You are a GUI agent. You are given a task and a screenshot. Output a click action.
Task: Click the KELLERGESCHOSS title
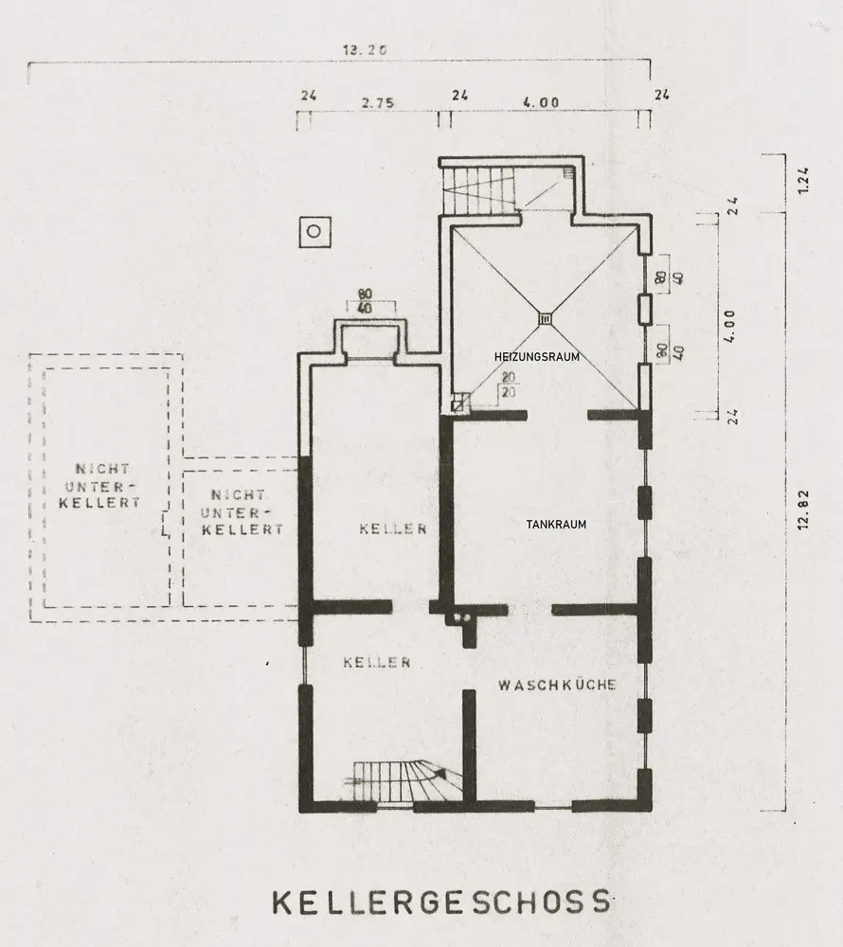click(440, 902)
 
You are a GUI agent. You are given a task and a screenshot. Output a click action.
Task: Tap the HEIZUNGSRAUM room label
click(537, 357)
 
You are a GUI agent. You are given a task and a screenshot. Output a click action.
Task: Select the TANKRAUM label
click(556, 525)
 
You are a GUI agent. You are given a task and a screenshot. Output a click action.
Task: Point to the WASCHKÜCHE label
click(557, 685)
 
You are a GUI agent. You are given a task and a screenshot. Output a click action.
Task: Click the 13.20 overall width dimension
click(365, 50)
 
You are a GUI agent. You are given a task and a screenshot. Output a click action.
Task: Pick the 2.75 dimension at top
click(378, 102)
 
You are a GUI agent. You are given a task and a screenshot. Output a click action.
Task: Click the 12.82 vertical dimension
click(802, 509)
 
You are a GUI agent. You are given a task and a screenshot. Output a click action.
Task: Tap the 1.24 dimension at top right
click(802, 181)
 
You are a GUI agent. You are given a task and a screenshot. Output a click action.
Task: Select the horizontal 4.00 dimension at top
click(541, 102)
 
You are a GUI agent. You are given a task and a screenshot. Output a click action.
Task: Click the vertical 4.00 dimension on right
click(729, 327)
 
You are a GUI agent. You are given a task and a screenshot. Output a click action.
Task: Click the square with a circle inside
click(315, 232)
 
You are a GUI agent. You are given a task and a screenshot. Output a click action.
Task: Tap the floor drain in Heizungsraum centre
click(546, 317)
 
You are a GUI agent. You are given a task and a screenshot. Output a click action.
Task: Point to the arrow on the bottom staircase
click(440, 773)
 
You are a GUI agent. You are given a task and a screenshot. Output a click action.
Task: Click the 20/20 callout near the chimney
click(509, 384)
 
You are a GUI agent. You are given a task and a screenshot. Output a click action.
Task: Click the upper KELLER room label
click(393, 529)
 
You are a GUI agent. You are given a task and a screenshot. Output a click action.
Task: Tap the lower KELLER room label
click(377, 663)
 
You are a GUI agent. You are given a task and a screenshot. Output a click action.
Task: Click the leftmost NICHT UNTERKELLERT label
click(99, 486)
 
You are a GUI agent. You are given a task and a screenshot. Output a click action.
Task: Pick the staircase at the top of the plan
click(480, 189)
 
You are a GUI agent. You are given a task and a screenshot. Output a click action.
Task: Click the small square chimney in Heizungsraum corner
click(460, 402)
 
